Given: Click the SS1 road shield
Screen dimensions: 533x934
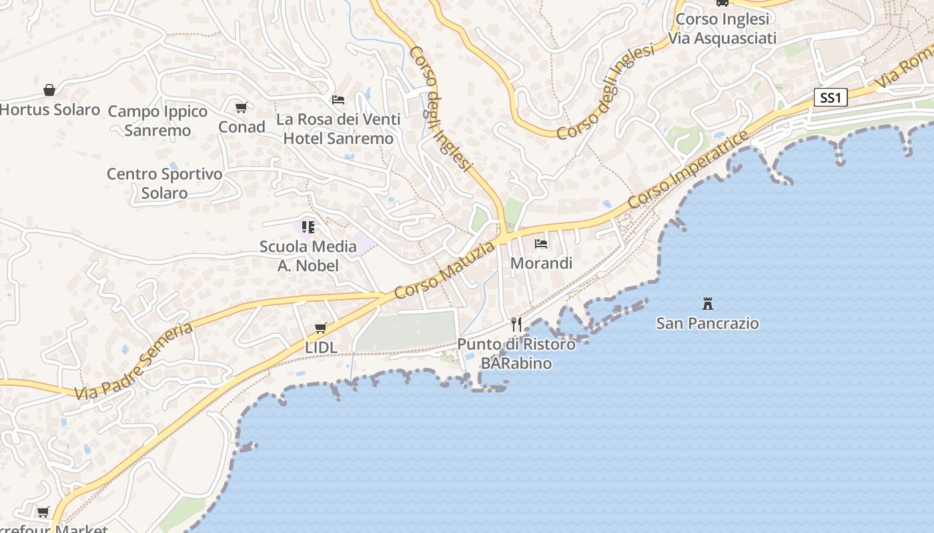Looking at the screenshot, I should (831, 98).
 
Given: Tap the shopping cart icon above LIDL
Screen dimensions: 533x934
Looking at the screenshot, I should (321, 328).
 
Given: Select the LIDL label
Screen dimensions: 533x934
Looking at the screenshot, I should (321, 347).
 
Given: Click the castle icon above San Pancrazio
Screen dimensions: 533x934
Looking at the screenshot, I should (708, 304).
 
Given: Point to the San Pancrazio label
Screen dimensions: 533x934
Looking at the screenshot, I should (708, 323).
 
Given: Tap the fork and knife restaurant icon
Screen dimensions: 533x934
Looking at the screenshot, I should (516, 324).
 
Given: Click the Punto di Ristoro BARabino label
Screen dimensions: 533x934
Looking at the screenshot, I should (516, 354).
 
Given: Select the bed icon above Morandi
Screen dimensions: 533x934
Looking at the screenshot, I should (541, 244).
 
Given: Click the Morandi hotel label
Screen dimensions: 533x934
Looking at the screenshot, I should (541, 263).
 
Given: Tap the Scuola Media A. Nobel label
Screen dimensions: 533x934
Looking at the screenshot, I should (308, 256).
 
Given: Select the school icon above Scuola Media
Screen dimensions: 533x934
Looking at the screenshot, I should (308, 227).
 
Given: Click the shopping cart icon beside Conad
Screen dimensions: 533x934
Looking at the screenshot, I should (242, 107).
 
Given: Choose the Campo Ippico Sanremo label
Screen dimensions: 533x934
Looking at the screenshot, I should (157, 121).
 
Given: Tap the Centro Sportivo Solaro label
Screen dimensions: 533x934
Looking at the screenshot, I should (164, 183).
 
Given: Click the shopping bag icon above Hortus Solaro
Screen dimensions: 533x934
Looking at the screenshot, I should (49, 90).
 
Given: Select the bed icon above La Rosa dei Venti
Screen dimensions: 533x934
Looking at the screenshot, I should (338, 100).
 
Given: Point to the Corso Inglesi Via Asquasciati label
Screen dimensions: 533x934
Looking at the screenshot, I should (723, 29).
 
